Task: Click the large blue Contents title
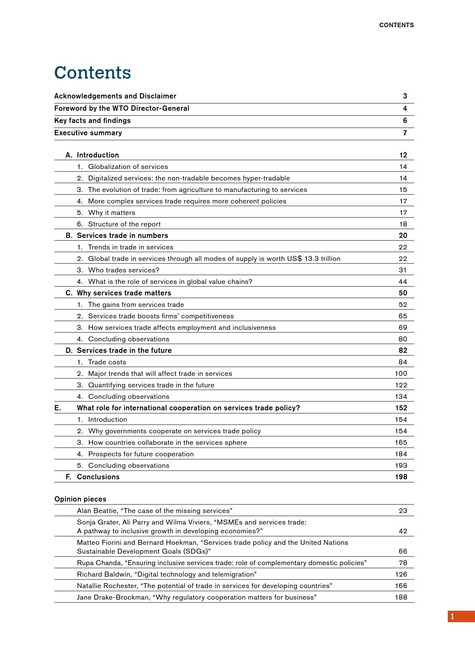[93, 73]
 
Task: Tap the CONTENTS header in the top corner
[396, 25]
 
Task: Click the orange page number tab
[461, 616]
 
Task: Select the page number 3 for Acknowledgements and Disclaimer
[405, 96]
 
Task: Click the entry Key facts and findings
[92, 121]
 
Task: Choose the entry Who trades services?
[123, 270]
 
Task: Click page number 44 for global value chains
[403, 282]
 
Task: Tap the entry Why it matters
[111, 213]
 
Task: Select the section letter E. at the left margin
[57, 408]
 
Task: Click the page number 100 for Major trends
[401, 374]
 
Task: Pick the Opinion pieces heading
[80, 499]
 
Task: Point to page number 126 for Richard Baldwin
[401, 574]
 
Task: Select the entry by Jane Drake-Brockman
[197, 597]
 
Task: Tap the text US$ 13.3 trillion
[313, 259]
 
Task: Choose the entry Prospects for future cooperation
[141, 454]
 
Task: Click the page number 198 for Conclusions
[401, 477]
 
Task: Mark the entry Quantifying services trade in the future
[151, 385]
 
